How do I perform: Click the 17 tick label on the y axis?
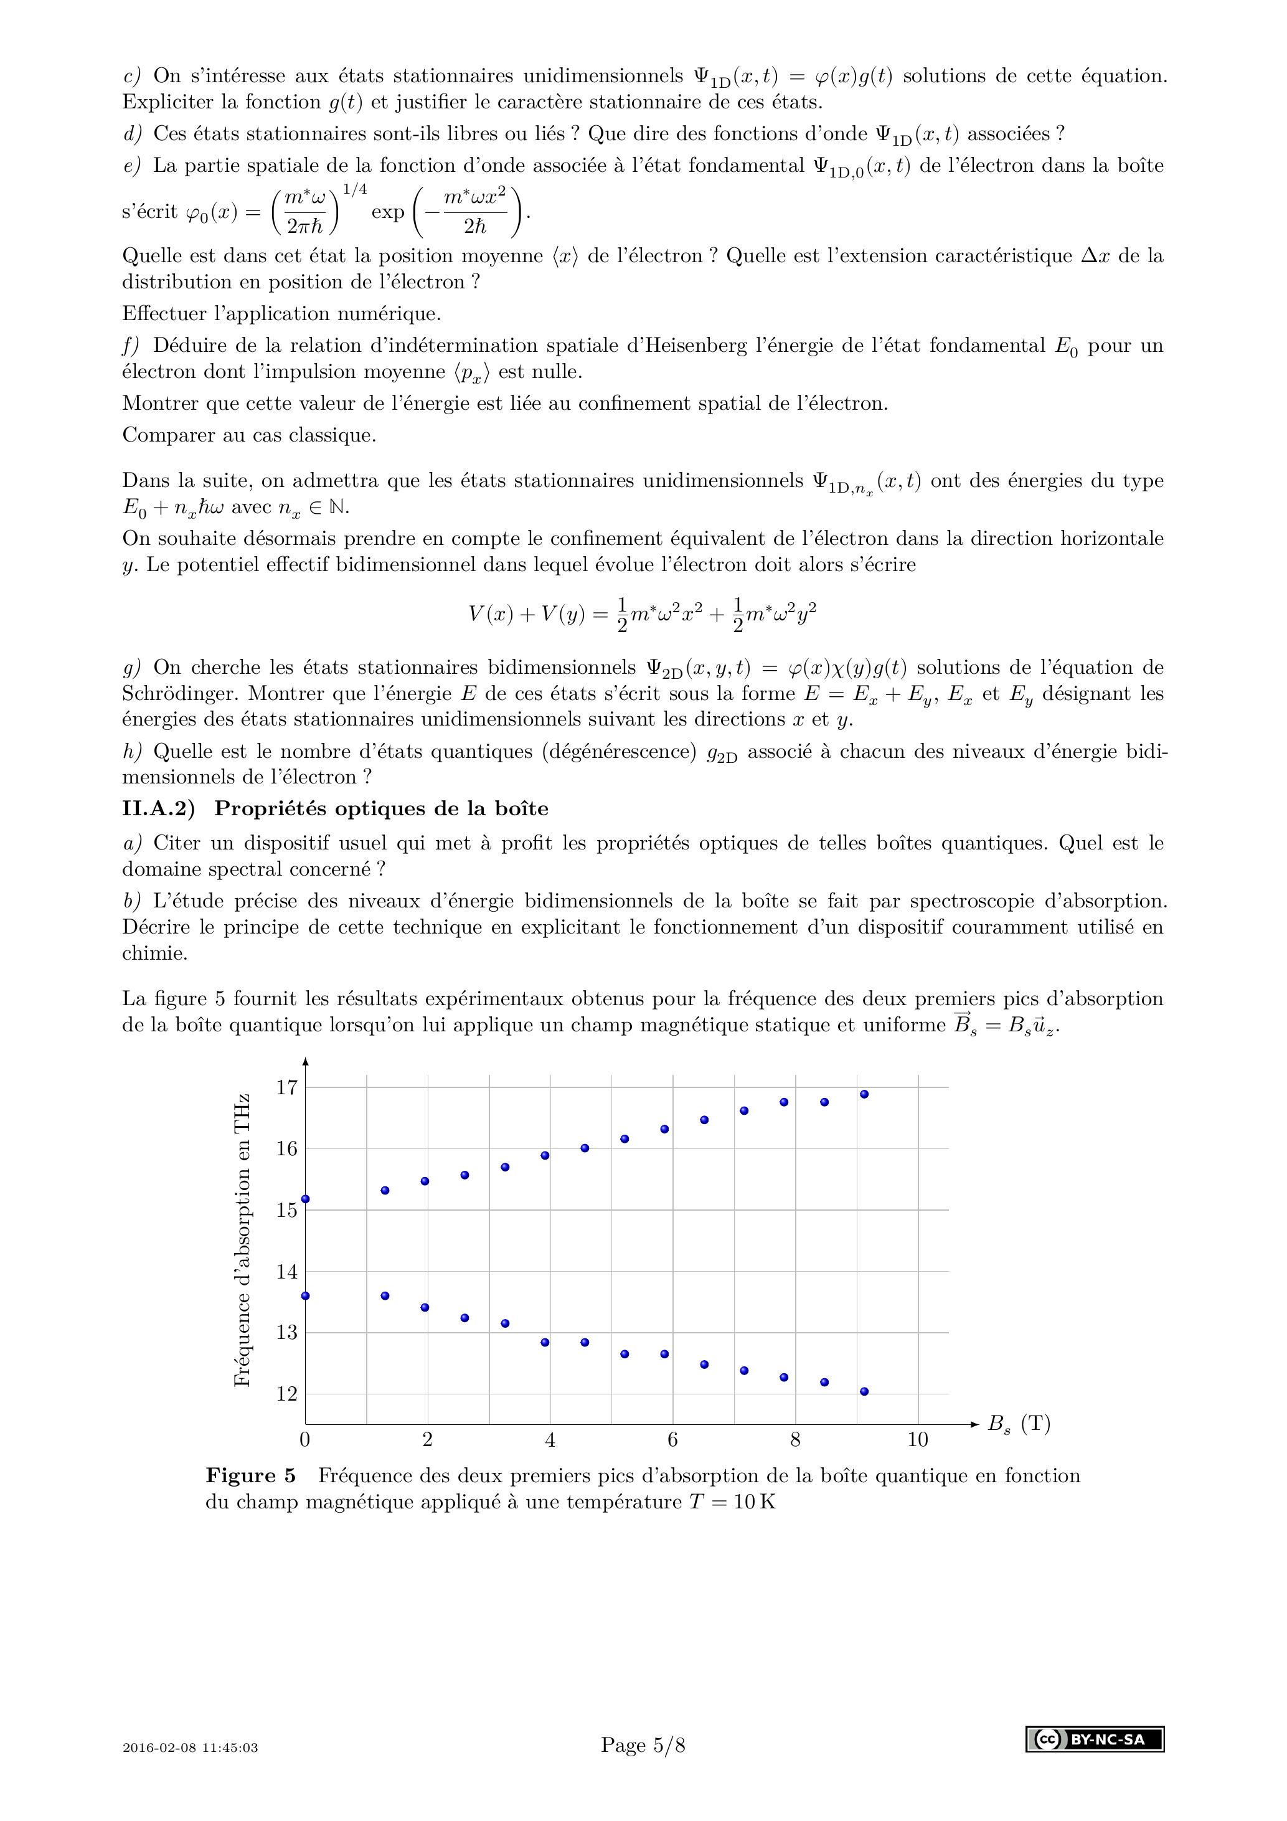pos(286,1087)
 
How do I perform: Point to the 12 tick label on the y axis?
pos(286,1394)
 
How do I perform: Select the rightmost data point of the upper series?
pos(864,1094)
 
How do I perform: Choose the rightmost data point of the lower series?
pos(864,1391)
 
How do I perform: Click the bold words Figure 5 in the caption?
pos(250,1476)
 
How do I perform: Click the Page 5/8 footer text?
pos(643,1745)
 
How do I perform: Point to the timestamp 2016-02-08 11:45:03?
pos(191,1748)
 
